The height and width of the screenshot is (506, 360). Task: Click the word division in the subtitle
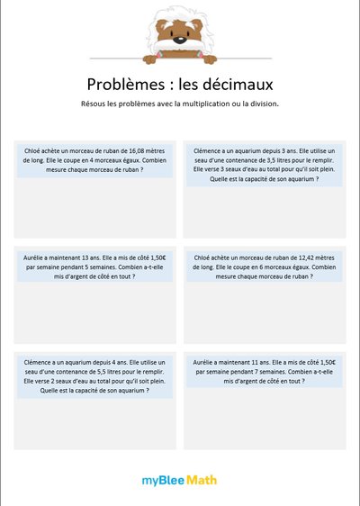(265, 104)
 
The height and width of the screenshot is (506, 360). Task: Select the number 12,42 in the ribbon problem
(299, 258)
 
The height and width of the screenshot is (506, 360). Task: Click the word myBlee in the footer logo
(162, 480)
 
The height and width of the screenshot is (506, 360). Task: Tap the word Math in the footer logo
(202, 480)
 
